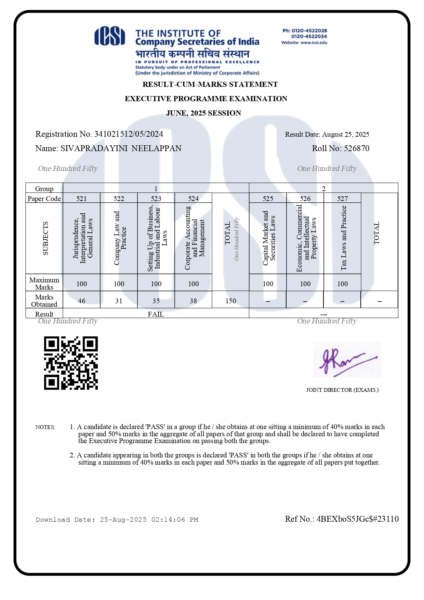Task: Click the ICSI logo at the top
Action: [x=110, y=36]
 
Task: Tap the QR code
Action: [x=71, y=363]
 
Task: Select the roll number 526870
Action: [x=357, y=148]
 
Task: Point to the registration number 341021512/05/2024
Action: [x=129, y=134]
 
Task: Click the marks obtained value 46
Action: [x=82, y=301]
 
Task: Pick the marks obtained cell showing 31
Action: [x=119, y=301]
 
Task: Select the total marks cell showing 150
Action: [x=231, y=301]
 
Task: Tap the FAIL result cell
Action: [x=156, y=314]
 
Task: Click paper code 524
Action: [x=193, y=199]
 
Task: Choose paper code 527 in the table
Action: [x=342, y=199]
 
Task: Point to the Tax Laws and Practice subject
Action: [x=344, y=238]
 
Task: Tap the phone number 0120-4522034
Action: [x=309, y=37]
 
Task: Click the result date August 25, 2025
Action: [x=345, y=134]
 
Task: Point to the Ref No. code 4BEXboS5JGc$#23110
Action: [x=358, y=519]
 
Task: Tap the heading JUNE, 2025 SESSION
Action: [x=203, y=113]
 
